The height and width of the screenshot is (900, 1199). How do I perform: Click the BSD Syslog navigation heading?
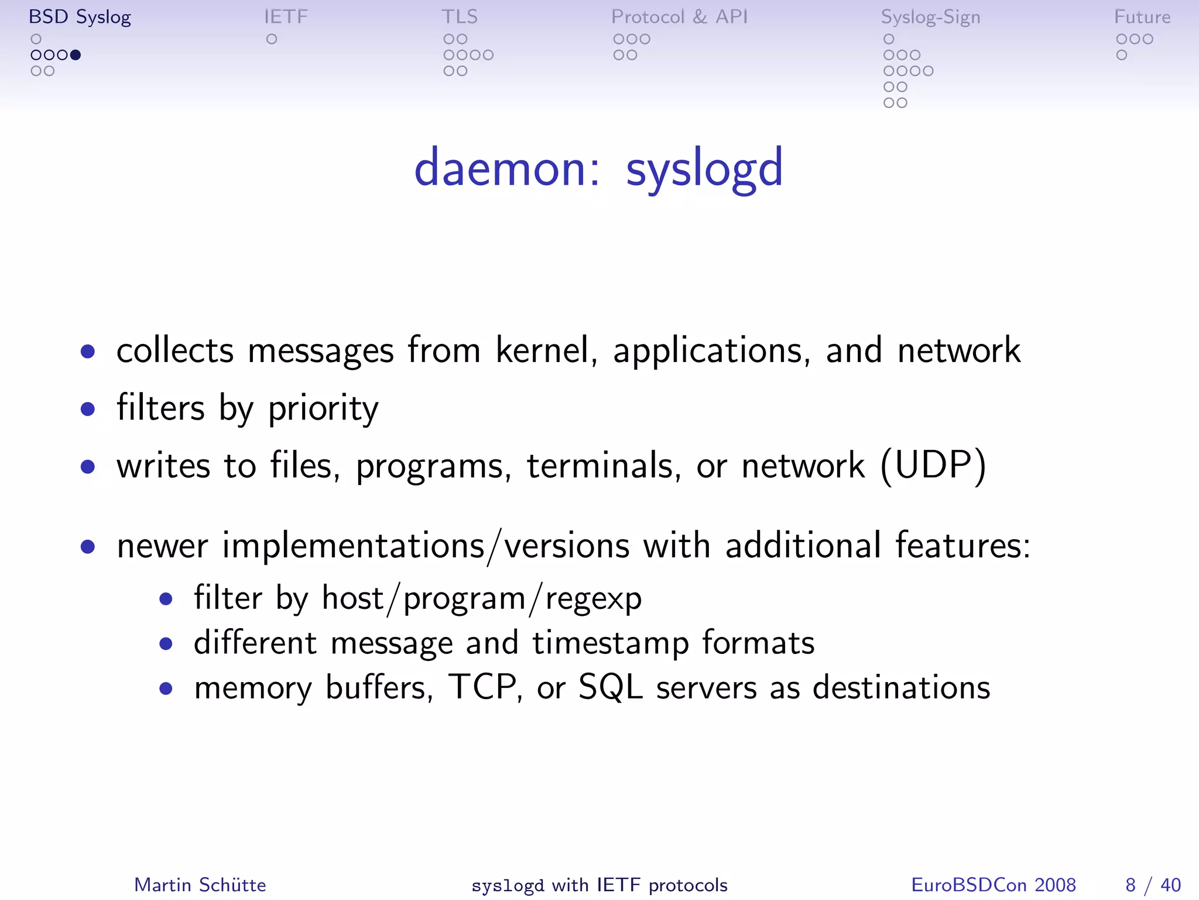(80, 17)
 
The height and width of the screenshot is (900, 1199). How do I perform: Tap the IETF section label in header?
(286, 17)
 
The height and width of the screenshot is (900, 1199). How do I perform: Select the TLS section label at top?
(460, 17)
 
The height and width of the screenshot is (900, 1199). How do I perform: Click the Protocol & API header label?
(679, 17)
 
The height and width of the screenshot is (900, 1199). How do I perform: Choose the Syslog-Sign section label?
(930, 17)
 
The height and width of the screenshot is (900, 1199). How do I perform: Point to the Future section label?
(1142, 17)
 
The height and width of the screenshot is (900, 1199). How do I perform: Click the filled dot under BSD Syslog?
(76, 55)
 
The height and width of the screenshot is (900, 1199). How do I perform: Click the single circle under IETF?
(272, 39)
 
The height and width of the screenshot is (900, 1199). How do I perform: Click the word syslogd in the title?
(704, 169)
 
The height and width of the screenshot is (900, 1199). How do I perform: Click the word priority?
(323, 409)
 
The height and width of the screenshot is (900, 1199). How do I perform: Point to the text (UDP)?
(933, 466)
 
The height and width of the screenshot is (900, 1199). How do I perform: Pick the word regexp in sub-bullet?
(593, 599)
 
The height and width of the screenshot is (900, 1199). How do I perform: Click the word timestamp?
(610, 643)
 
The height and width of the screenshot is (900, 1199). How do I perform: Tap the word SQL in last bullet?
(610, 687)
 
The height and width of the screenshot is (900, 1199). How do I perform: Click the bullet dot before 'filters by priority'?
(88, 408)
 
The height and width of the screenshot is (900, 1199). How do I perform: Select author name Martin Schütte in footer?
(200, 885)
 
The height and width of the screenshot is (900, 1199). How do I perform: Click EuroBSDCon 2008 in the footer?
(993, 885)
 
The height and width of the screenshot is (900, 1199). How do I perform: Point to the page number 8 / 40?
(1152, 885)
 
